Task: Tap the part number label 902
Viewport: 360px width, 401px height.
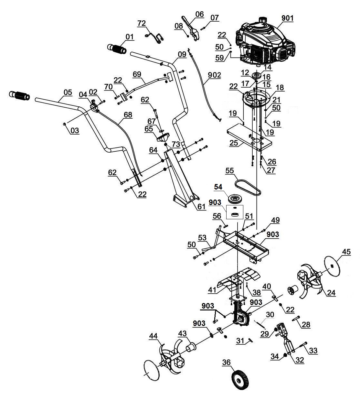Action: point(215,75)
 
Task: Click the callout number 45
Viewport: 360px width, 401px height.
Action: point(346,252)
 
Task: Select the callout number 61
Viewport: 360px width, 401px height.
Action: point(202,207)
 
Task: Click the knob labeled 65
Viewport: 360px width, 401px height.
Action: point(163,137)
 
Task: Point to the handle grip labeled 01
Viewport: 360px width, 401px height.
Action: point(117,49)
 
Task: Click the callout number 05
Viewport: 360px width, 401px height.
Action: point(68,92)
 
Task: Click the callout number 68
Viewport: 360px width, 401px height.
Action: point(128,115)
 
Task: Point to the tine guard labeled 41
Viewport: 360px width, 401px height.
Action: point(239,281)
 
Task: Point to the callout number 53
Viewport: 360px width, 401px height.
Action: point(202,237)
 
